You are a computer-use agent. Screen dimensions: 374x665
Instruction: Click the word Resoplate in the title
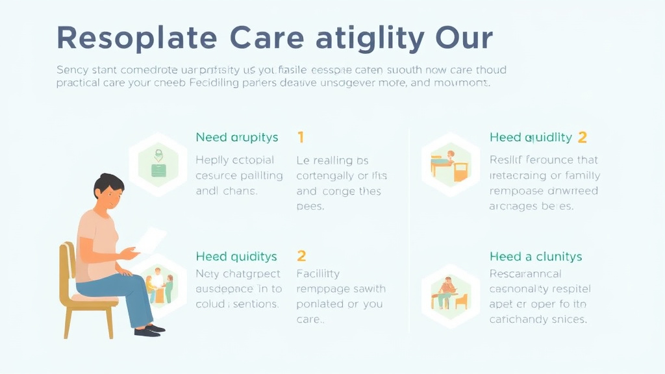click(135, 38)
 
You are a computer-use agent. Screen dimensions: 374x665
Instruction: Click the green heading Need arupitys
click(236, 137)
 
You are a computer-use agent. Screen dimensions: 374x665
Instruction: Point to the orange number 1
click(301, 137)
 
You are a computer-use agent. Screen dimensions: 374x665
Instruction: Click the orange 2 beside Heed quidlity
click(582, 137)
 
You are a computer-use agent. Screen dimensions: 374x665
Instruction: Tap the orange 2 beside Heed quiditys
click(301, 256)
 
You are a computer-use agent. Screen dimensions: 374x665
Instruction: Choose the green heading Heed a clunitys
click(536, 256)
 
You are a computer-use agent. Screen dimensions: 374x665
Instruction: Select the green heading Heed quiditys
click(236, 256)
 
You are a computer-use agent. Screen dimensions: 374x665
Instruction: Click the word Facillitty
click(318, 274)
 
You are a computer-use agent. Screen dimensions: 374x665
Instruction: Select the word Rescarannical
click(525, 274)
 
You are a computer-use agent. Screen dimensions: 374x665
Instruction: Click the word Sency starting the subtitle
click(71, 69)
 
